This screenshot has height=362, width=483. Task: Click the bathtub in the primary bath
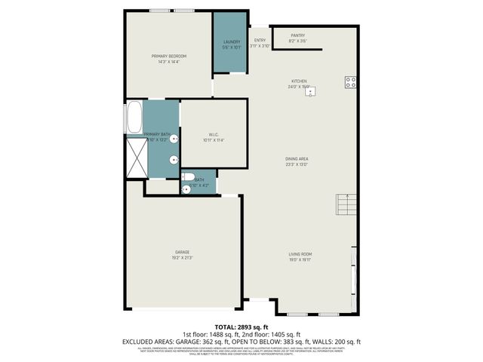134,118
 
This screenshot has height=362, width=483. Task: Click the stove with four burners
351,83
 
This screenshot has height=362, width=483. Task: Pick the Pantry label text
297,35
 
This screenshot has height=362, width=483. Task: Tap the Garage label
183,252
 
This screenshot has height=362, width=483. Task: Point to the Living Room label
300,254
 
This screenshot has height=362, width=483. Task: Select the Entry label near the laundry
260,40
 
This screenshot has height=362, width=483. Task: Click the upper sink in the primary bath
174,139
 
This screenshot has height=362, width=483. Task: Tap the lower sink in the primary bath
174,159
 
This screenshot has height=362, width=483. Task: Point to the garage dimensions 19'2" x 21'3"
183,258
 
